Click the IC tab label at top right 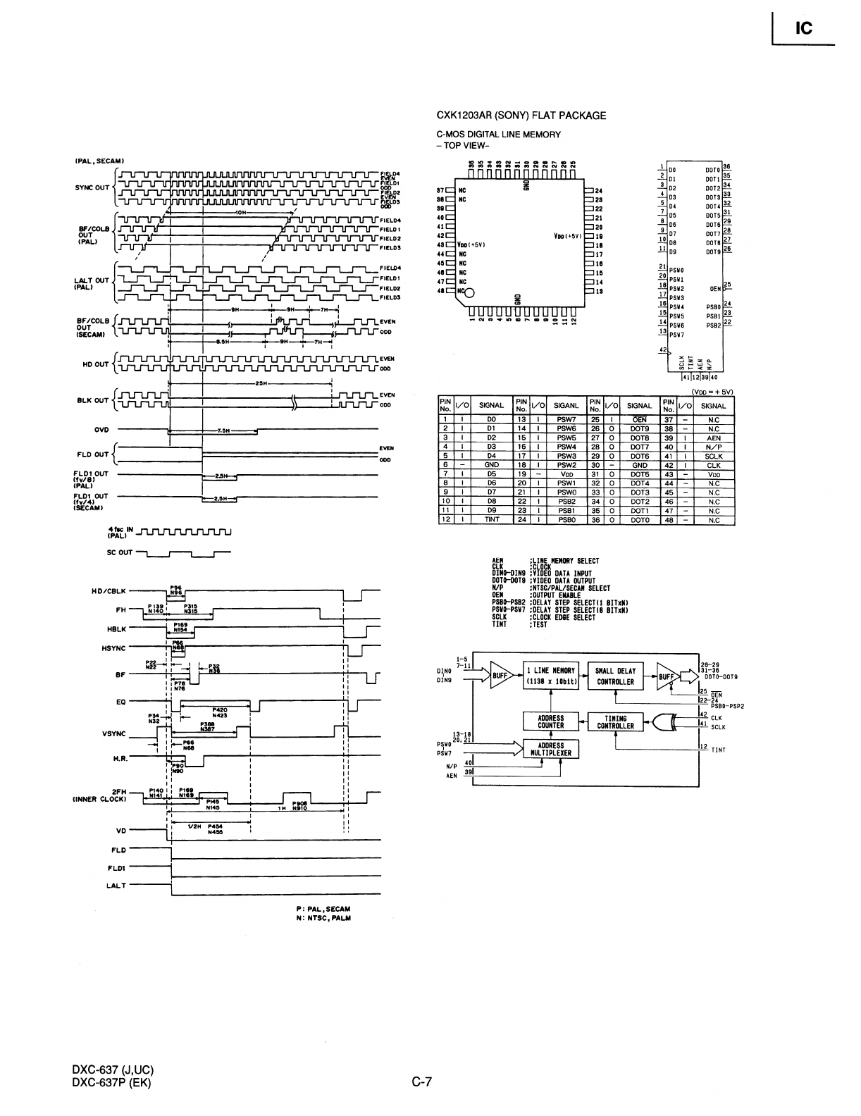[804, 29]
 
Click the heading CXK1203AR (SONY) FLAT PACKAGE [521, 116]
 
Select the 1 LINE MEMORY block [550, 676]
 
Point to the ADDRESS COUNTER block [550, 721]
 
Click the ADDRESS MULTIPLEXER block [550, 748]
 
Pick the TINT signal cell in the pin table [491, 520]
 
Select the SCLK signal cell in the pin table [713, 456]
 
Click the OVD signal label [101, 428]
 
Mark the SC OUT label [120, 552]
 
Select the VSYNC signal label [113, 733]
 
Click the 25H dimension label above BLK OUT [260, 383]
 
